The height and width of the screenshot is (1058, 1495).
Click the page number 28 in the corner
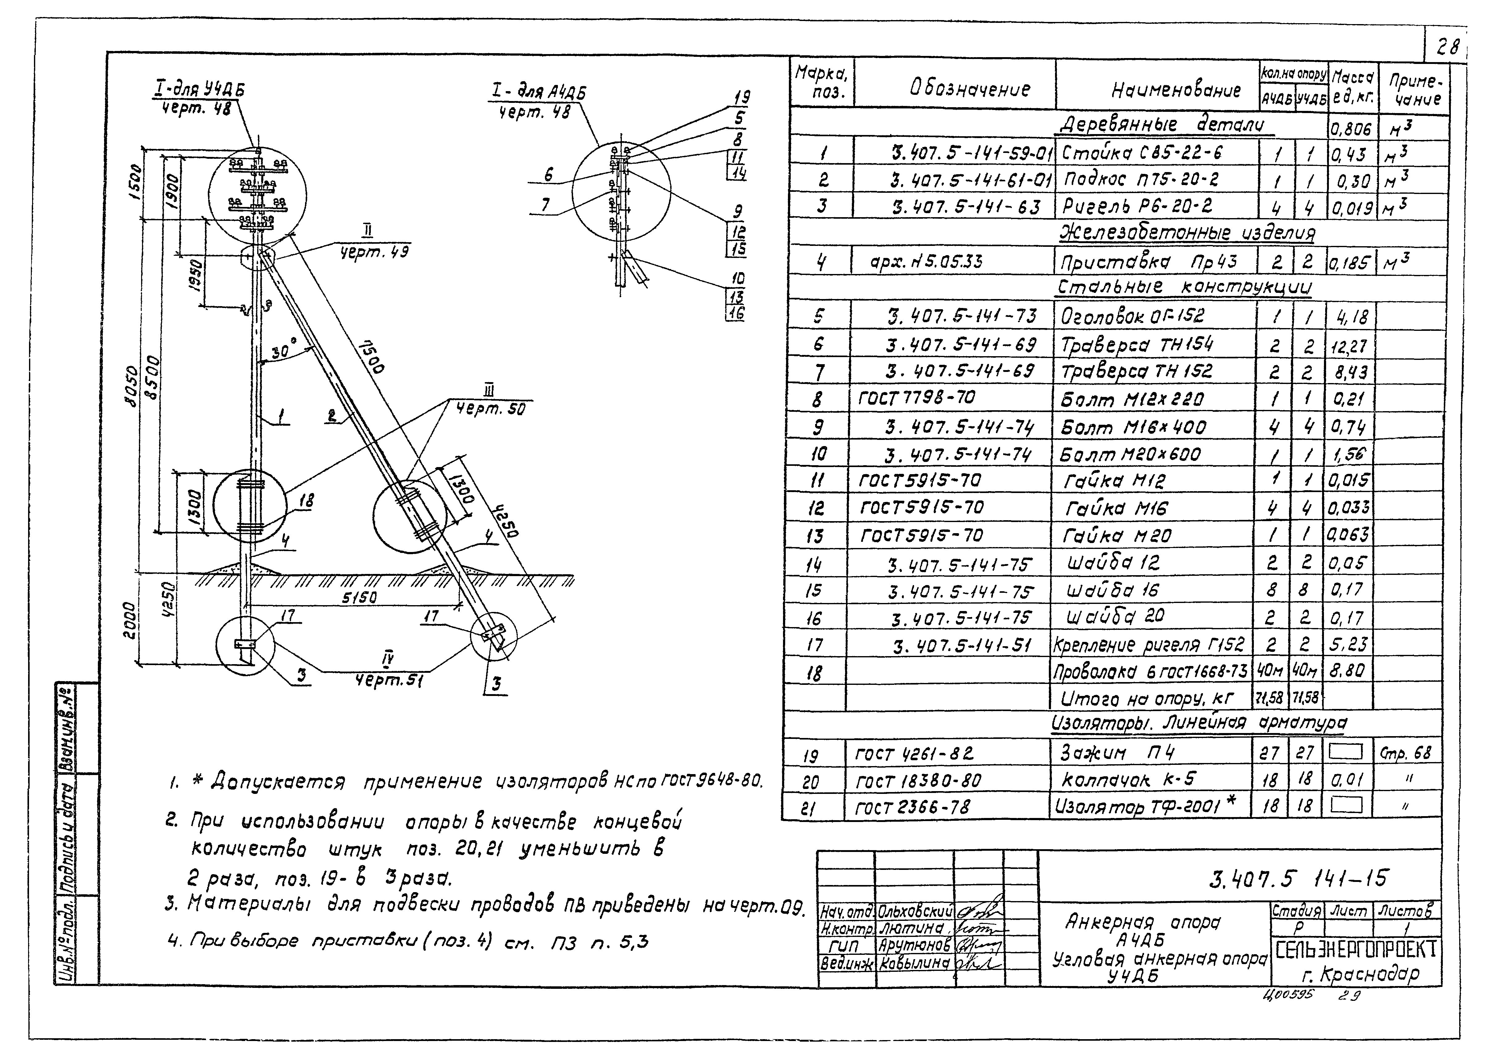pyautogui.click(x=1447, y=47)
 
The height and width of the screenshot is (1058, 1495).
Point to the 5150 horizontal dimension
pyautogui.click(x=359, y=597)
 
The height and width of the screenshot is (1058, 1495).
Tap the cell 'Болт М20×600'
pyautogui.click(x=1130, y=454)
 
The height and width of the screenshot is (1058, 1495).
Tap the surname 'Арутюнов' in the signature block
pyautogui.click(x=914, y=945)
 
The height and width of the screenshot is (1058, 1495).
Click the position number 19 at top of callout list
pyautogui.click(x=741, y=98)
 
